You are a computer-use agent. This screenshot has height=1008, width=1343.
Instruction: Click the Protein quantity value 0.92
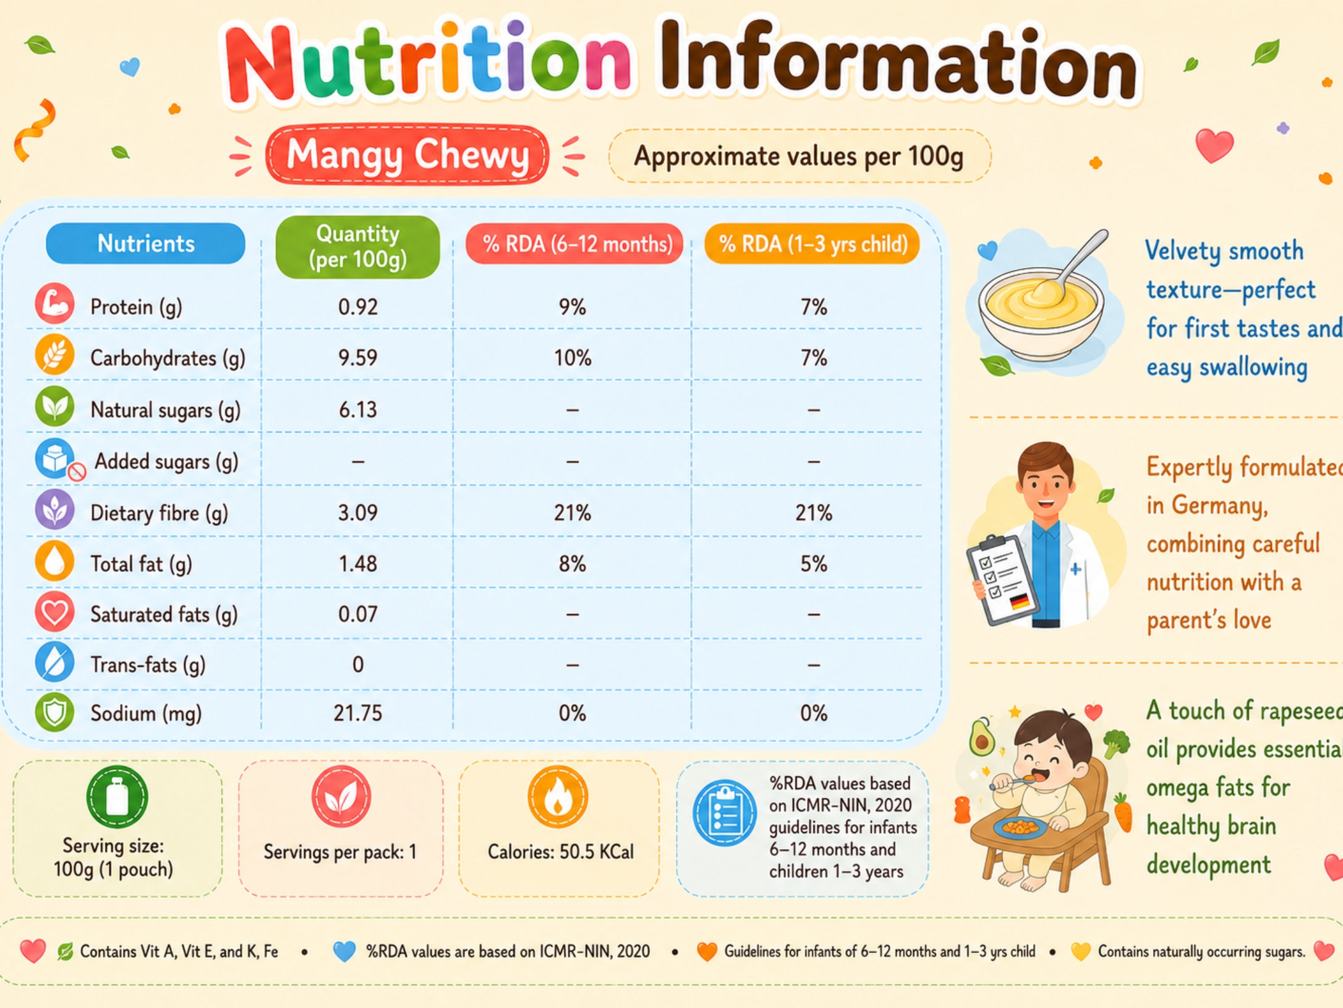[x=357, y=307]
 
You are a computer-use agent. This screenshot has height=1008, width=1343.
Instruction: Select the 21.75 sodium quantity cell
[x=357, y=713]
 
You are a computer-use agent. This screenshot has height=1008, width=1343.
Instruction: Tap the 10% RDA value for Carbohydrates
[x=572, y=358]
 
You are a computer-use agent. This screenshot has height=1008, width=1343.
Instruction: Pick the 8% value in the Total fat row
[x=572, y=564]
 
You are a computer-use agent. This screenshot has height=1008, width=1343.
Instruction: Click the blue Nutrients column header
[x=145, y=243]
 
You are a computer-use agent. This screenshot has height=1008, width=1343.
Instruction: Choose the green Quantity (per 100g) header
[x=357, y=247]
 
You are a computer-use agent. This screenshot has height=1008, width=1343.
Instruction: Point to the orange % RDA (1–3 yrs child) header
[x=812, y=244]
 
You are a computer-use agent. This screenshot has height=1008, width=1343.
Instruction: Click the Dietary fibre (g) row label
[x=159, y=513]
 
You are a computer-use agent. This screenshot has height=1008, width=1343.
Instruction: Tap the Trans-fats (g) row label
[x=148, y=665]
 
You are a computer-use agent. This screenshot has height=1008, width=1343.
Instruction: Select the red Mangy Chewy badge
[x=407, y=155]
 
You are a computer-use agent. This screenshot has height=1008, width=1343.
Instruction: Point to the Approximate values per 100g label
[x=799, y=156]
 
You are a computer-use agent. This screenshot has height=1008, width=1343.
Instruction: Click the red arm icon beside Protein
[x=54, y=304]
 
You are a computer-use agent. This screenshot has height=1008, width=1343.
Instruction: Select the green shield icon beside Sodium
[x=54, y=712]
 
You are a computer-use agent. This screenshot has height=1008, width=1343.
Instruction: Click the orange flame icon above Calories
[x=557, y=797]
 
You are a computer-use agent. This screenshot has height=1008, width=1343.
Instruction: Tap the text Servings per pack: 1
[x=340, y=852]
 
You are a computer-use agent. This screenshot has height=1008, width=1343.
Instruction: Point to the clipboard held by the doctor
[x=1002, y=579]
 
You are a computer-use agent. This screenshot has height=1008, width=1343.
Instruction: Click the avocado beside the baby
[x=981, y=736]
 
